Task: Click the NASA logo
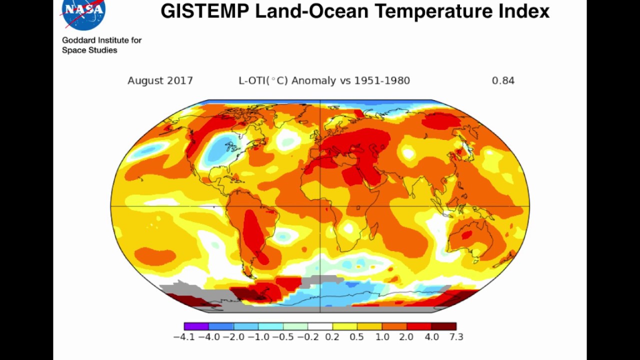tap(83, 13)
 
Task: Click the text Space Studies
tap(89, 50)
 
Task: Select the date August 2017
tap(160, 80)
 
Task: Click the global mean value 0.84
tap(503, 80)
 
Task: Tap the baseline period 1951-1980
tap(382, 80)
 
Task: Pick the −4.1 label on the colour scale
tap(183, 337)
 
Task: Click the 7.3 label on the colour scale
tap(456, 337)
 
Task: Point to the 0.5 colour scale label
tap(356, 337)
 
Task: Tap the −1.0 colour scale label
tap(259, 337)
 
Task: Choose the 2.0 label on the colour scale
tap(406, 337)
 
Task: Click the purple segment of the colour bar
tap(196, 326)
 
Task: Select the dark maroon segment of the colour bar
tap(444, 326)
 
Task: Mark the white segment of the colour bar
tap(320, 326)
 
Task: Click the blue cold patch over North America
tap(219, 146)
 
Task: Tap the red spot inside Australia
tap(466, 234)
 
